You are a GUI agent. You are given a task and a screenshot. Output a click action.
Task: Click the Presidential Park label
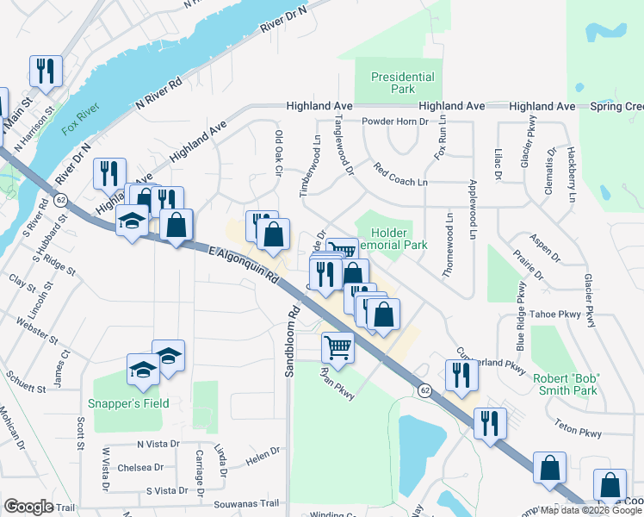404,83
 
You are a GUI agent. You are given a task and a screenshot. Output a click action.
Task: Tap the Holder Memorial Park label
398,239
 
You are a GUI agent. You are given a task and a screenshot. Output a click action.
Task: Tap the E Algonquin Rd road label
243,264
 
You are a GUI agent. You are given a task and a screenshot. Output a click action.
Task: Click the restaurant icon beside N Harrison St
46,72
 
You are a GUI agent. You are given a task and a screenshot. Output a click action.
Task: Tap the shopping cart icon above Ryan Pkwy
337,347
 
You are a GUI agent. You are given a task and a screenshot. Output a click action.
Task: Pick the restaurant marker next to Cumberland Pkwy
461,375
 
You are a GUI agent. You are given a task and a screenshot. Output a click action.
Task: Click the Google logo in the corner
28,507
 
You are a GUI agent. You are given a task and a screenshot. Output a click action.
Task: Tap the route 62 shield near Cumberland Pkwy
425,390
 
